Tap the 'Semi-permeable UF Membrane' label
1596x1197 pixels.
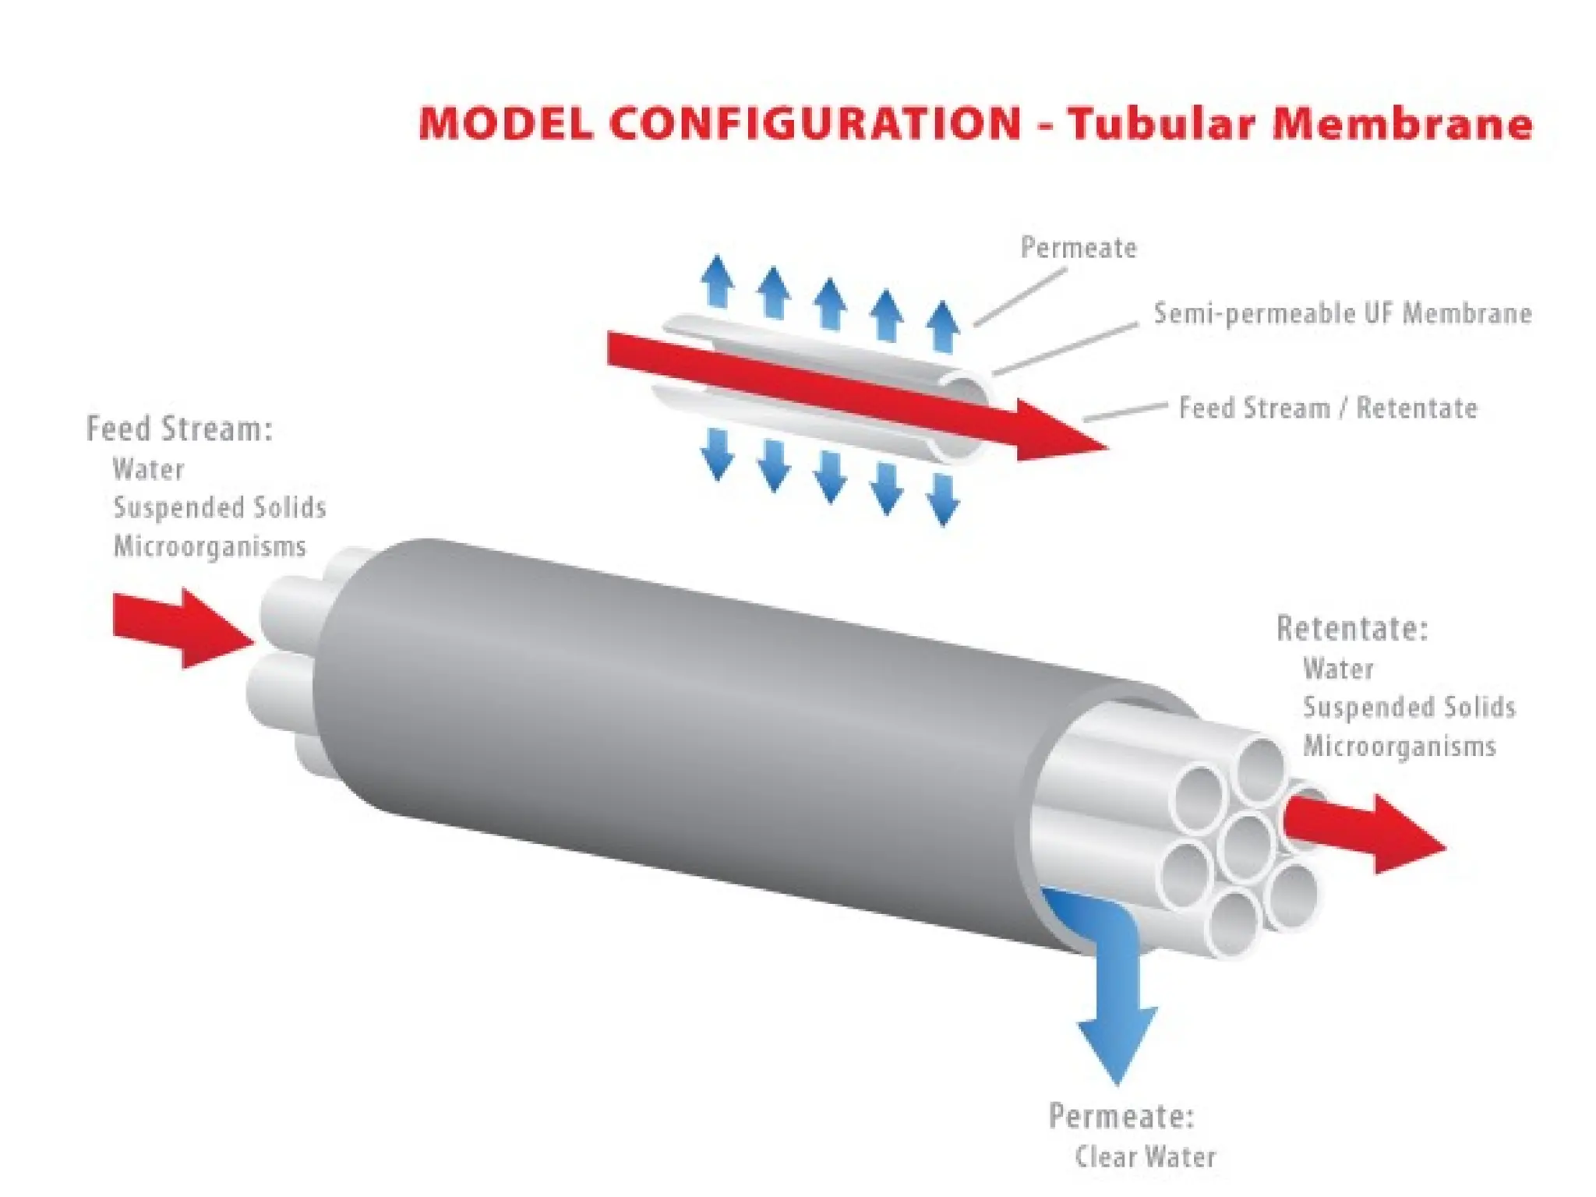click(1342, 313)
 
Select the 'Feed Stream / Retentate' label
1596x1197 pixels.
click(1327, 408)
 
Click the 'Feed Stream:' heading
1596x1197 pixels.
click(179, 429)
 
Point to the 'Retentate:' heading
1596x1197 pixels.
click(1351, 629)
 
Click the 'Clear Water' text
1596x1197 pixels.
click(1145, 1156)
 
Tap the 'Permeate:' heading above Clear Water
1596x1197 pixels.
click(1121, 1116)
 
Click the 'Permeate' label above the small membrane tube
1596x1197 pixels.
click(1079, 248)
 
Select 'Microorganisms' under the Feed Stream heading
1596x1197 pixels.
click(210, 546)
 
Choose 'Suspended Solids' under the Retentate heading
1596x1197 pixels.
click(1409, 707)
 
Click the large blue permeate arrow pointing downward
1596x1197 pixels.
click(1117, 1013)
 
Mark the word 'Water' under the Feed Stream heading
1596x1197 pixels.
click(148, 469)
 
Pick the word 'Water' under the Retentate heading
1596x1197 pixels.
click(1338, 669)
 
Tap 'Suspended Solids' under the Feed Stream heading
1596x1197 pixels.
click(220, 507)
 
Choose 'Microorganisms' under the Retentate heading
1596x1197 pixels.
click(1399, 746)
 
